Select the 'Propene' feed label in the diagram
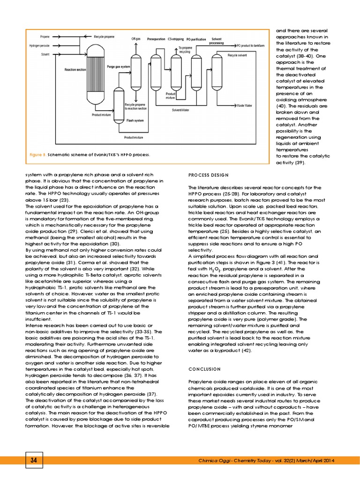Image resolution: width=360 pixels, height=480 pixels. [45, 37]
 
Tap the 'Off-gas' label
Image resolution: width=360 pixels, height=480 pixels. [136, 39]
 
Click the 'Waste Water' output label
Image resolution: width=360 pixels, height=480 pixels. [244, 106]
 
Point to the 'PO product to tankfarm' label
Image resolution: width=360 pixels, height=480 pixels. [251, 46]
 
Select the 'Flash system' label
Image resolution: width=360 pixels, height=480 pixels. [135, 120]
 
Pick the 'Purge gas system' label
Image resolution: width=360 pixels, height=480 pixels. [119, 67]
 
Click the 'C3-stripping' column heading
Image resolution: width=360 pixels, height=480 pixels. [176, 39]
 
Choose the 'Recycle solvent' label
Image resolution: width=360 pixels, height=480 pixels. [237, 55]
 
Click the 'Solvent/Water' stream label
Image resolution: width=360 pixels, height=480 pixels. [180, 110]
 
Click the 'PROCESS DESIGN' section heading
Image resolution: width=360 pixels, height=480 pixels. [209, 175]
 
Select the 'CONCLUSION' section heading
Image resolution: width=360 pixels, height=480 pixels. [204, 369]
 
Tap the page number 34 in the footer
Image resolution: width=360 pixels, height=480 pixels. [33, 460]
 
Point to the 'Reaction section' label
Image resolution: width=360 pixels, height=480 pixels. [75, 69]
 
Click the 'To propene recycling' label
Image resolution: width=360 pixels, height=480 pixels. [185, 50]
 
